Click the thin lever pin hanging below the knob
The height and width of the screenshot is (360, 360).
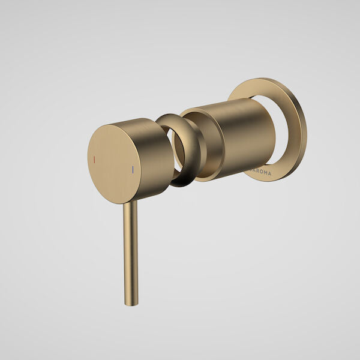131,252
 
